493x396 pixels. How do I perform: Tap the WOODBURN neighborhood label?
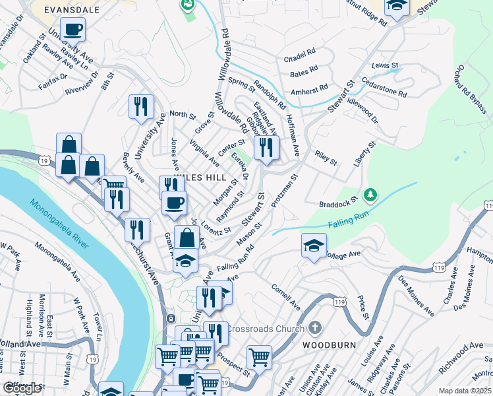[330, 345]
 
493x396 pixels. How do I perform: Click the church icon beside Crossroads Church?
[315, 328]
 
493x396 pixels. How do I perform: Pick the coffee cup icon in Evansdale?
[74, 29]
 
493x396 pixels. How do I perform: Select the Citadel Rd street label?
[300, 57]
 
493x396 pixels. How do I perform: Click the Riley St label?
[326, 160]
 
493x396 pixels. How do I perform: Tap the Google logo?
[22, 387]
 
